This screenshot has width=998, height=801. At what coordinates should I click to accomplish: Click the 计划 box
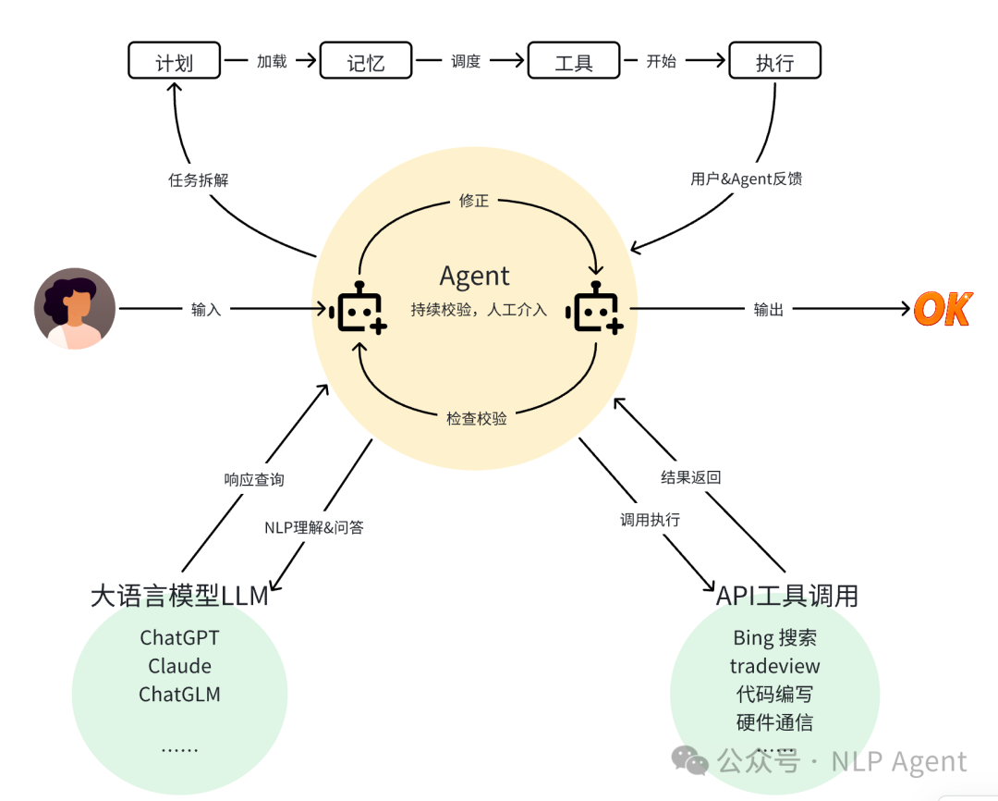click(174, 62)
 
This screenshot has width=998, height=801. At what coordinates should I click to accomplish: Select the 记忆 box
click(365, 62)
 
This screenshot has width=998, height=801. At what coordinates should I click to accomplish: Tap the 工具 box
click(573, 62)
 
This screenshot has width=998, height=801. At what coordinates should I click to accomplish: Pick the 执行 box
click(774, 62)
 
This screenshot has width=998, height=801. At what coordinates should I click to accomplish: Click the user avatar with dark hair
click(75, 308)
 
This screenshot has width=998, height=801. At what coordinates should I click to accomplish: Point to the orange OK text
click(943, 309)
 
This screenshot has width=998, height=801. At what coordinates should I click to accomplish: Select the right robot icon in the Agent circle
click(597, 309)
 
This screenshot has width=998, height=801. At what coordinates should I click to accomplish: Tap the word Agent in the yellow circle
click(474, 276)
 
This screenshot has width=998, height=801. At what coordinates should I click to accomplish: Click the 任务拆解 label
click(198, 179)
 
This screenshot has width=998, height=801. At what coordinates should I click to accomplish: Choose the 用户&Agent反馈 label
click(746, 179)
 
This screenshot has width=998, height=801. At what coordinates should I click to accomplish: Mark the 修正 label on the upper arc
click(474, 200)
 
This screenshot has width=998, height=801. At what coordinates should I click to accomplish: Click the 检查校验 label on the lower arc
click(477, 418)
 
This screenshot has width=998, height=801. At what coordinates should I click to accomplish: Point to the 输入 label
click(206, 309)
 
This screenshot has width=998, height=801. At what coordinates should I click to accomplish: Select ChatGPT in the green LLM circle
click(179, 637)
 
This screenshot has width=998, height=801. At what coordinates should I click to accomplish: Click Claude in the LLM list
click(179, 666)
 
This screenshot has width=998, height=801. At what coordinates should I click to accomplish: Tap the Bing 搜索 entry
click(774, 637)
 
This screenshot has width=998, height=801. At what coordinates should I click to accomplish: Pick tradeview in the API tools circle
click(774, 666)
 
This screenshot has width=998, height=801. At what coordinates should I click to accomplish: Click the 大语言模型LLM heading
click(179, 595)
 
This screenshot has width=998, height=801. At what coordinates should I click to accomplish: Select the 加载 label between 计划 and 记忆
click(272, 62)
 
